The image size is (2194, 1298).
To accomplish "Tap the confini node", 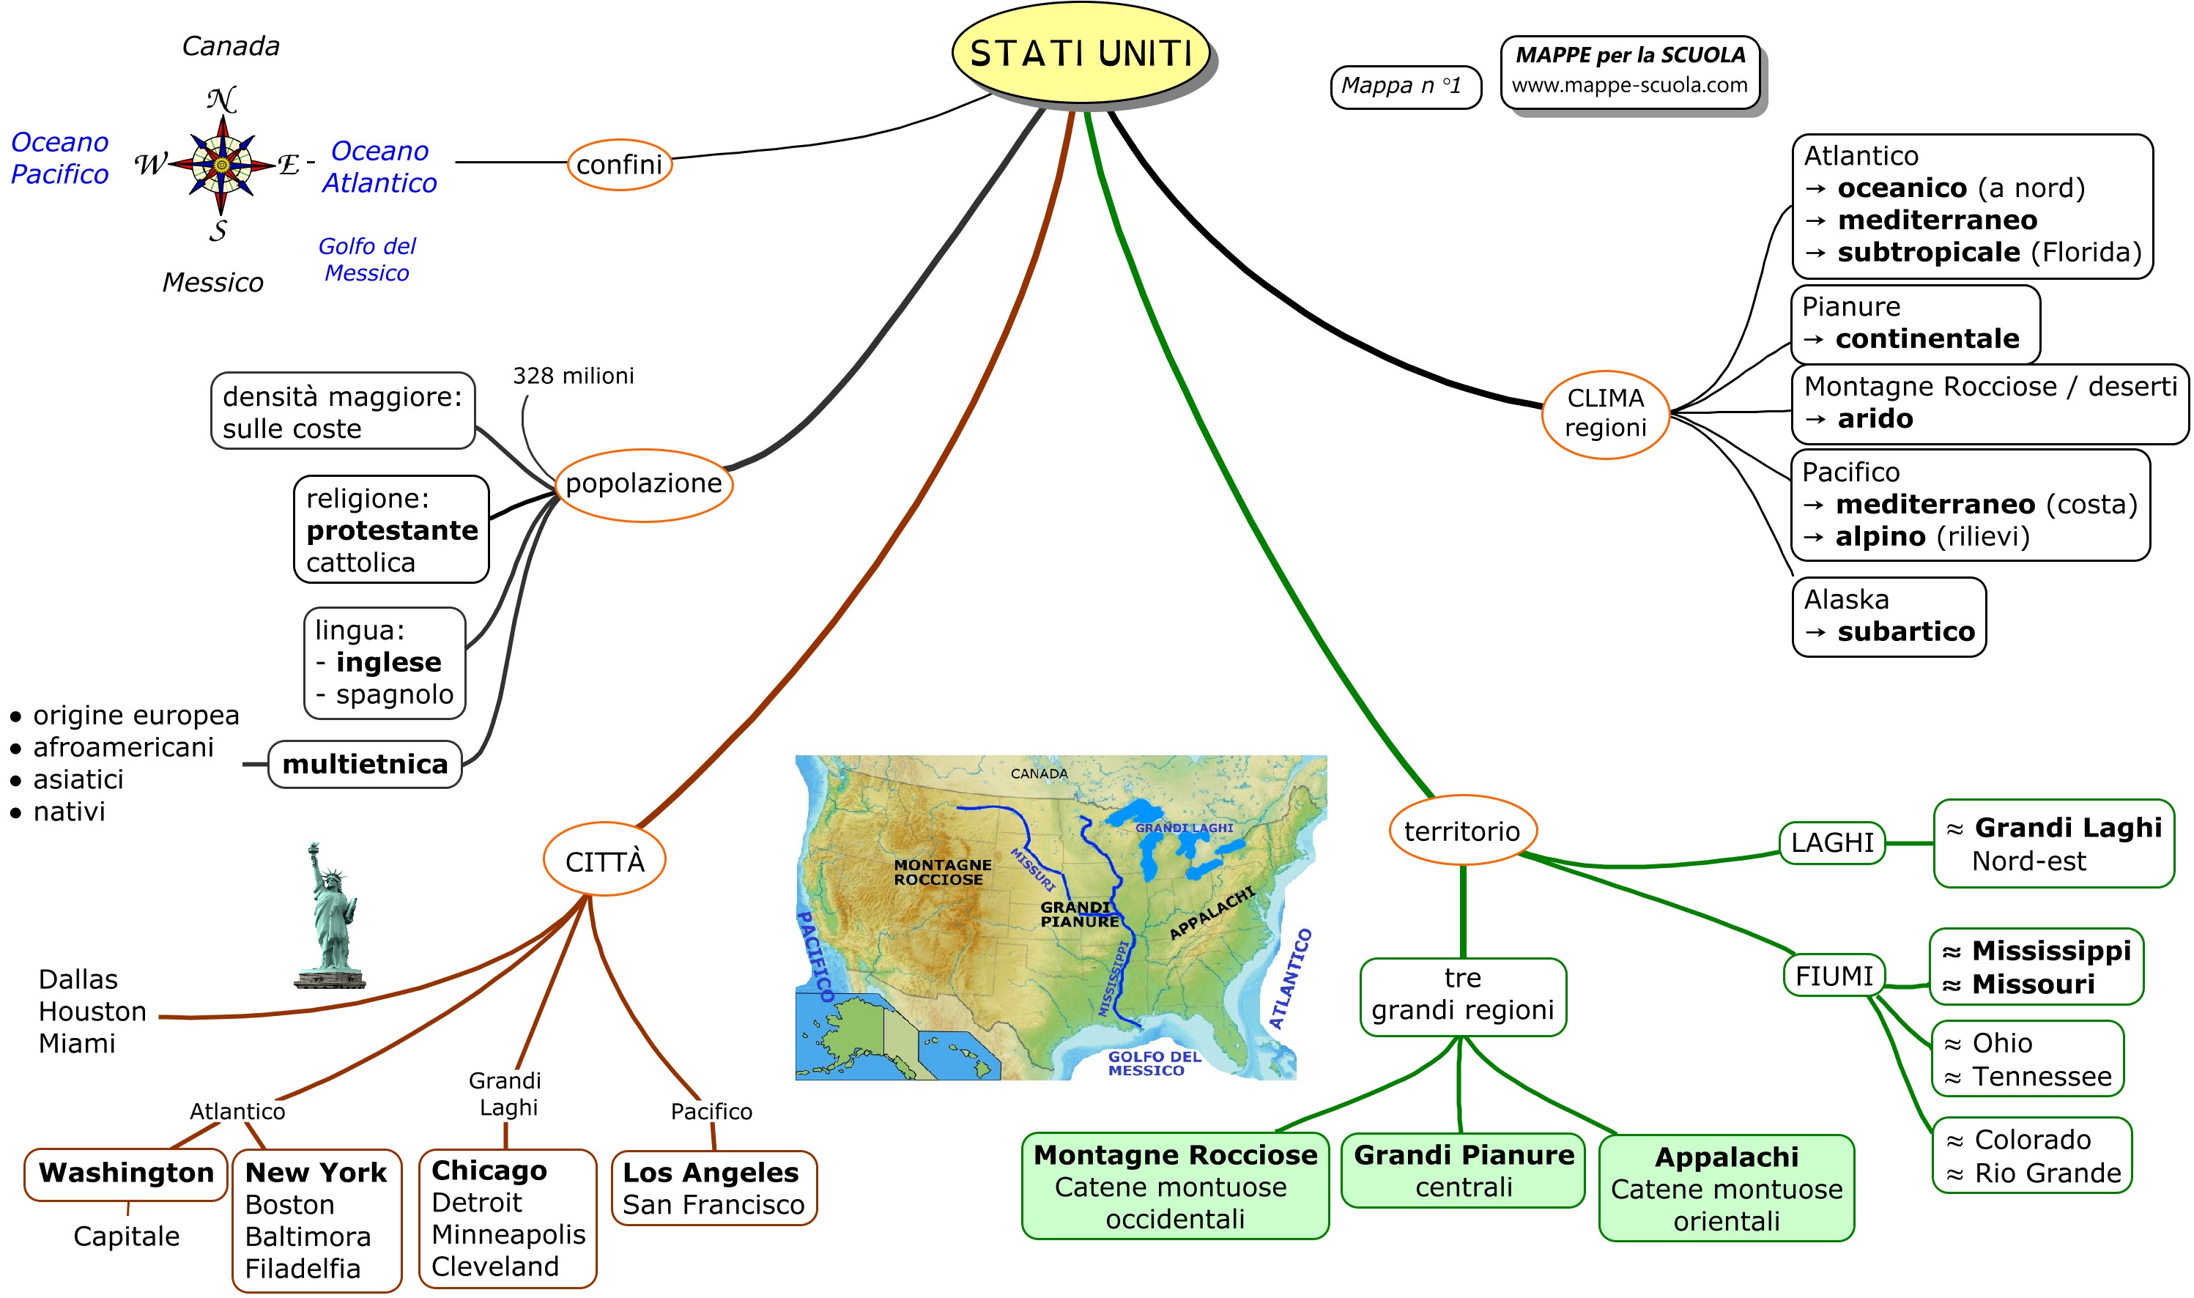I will click(619, 164).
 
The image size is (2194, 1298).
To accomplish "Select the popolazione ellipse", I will click(644, 483).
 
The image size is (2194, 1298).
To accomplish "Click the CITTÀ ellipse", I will click(604, 861).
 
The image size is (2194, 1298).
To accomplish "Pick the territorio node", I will click(1462, 831).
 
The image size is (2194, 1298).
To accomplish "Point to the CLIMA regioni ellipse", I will click(1606, 413).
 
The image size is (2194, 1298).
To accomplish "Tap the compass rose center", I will click(221, 164).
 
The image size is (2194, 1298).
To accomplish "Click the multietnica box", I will click(365, 765).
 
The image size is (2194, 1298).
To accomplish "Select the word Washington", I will click(127, 1173).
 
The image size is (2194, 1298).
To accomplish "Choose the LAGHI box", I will click(1832, 843).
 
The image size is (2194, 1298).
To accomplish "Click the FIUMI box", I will click(1834, 976).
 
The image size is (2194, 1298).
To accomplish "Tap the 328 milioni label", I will click(573, 376).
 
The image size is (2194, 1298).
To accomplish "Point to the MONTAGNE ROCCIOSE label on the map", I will click(942, 872).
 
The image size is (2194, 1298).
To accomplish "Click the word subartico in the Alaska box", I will click(1905, 631).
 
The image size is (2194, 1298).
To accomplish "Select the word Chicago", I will click(489, 1171).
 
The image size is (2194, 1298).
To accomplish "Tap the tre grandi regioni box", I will click(1462, 995).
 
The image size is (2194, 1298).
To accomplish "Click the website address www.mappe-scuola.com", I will click(1629, 86).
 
